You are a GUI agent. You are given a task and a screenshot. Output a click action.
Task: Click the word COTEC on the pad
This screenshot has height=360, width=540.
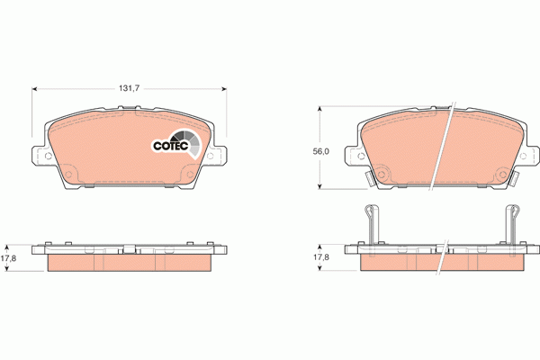click(x=168, y=144)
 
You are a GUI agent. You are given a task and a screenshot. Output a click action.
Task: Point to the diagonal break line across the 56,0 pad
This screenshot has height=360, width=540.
click(x=442, y=148)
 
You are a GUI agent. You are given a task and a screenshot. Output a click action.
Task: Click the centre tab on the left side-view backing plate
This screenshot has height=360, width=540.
click(x=129, y=249)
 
